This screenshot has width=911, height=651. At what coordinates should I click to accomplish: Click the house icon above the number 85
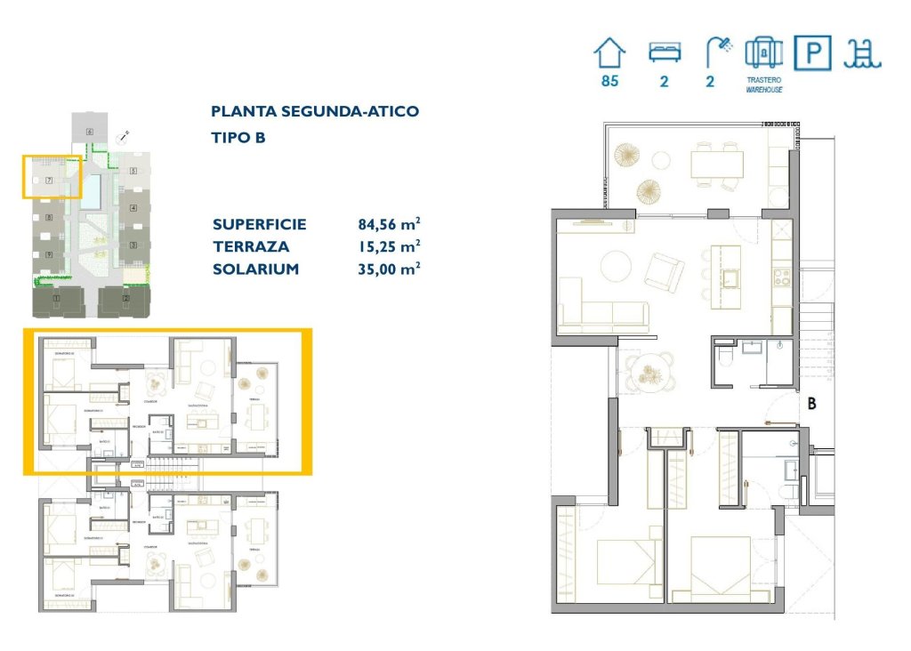pyautogui.click(x=609, y=53)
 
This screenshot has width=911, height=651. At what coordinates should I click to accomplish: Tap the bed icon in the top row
pyautogui.click(x=664, y=52)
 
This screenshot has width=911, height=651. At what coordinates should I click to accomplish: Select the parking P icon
pyautogui.click(x=812, y=54)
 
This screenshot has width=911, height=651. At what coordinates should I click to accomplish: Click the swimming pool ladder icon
pyautogui.click(x=862, y=54)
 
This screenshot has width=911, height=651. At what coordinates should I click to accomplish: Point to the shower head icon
pyautogui.click(x=715, y=52)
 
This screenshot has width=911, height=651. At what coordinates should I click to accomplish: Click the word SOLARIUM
pyautogui.click(x=255, y=269)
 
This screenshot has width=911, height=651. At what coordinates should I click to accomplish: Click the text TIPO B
pyautogui.click(x=238, y=138)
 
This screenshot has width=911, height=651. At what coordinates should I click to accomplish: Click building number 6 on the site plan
pyautogui.click(x=90, y=132)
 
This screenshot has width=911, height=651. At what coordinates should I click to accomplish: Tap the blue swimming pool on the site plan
pyautogui.click(x=91, y=192)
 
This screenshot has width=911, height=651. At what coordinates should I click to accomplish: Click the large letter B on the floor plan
pyautogui.click(x=810, y=402)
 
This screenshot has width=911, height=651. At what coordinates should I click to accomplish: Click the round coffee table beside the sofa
pyautogui.click(x=616, y=266)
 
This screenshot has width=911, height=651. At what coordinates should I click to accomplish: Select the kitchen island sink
pyautogui.click(x=732, y=279)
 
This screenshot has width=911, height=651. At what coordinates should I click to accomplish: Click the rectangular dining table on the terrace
pyautogui.click(x=717, y=164)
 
